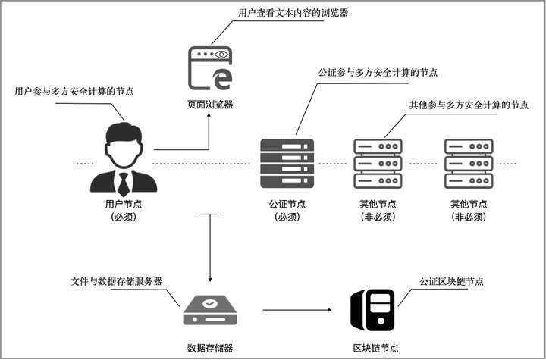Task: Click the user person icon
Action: (124, 159)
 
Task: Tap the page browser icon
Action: (210, 69)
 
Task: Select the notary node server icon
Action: (286, 162)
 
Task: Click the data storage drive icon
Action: (210, 308)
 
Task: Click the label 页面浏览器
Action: (210, 105)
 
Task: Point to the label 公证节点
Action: (287, 204)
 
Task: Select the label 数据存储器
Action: (209, 348)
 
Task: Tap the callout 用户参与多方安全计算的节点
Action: (74, 92)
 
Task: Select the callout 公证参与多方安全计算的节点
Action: (378, 73)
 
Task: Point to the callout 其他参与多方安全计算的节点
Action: (469, 105)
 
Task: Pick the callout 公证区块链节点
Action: (451, 281)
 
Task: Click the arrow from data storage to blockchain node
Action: (299, 309)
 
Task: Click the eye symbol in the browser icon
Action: (221, 55)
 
